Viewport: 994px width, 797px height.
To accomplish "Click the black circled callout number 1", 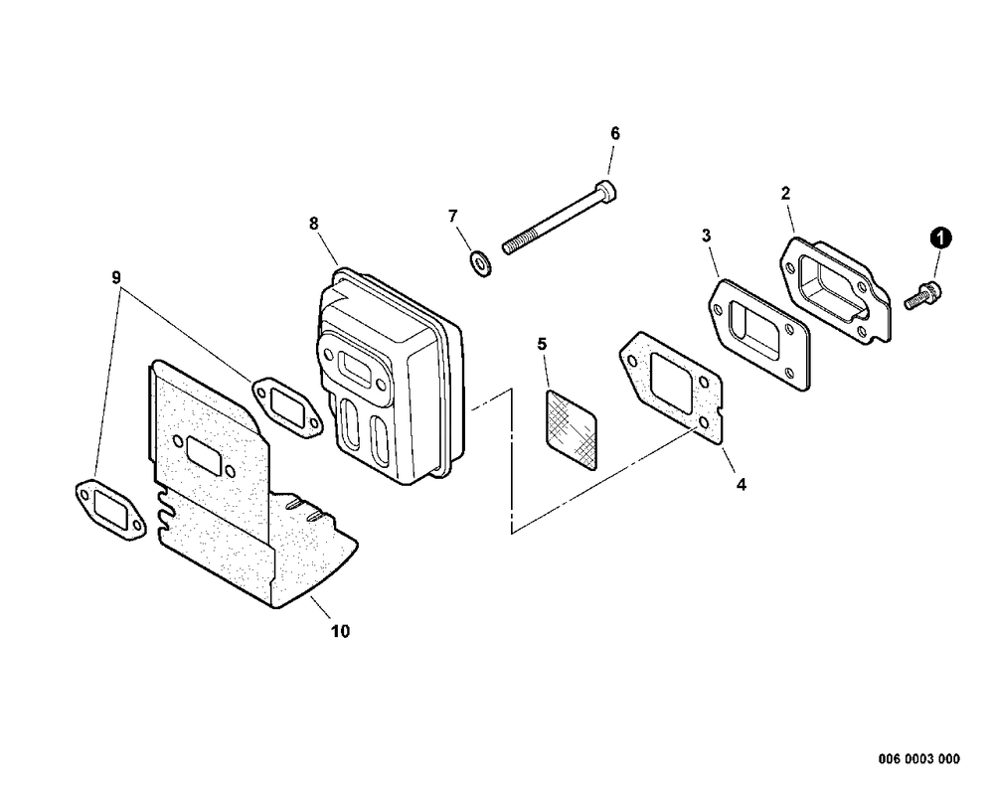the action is click(x=940, y=239).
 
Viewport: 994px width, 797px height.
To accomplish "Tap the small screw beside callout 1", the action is click(x=923, y=295).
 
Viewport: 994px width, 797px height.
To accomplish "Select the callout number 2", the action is click(x=786, y=194).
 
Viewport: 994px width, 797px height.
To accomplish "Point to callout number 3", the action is click(x=706, y=236).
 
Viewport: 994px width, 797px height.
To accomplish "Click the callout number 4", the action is click(x=742, y=484).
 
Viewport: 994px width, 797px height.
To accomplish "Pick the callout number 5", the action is click(x=542, y=344).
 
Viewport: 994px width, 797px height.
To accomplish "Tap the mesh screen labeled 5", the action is click(x=572, y=430).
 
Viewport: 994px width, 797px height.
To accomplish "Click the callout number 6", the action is click(x=615, y=134).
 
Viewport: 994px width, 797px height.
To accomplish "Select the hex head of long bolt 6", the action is click(x=607, y=190).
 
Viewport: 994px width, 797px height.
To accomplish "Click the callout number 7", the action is click(x=452, y=217).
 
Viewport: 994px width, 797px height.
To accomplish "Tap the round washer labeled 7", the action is click(x=480, y=263).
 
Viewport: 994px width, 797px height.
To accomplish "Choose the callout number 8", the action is click(x=314, y=224).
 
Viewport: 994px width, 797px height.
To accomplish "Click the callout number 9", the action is click(x=116, y=277).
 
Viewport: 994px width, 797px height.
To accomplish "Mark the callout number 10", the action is click(x=340, y=631).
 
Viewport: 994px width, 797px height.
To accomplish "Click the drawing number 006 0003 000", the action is click(x=919, y=758).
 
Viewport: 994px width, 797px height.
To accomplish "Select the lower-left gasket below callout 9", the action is click(x=110, y=510).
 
